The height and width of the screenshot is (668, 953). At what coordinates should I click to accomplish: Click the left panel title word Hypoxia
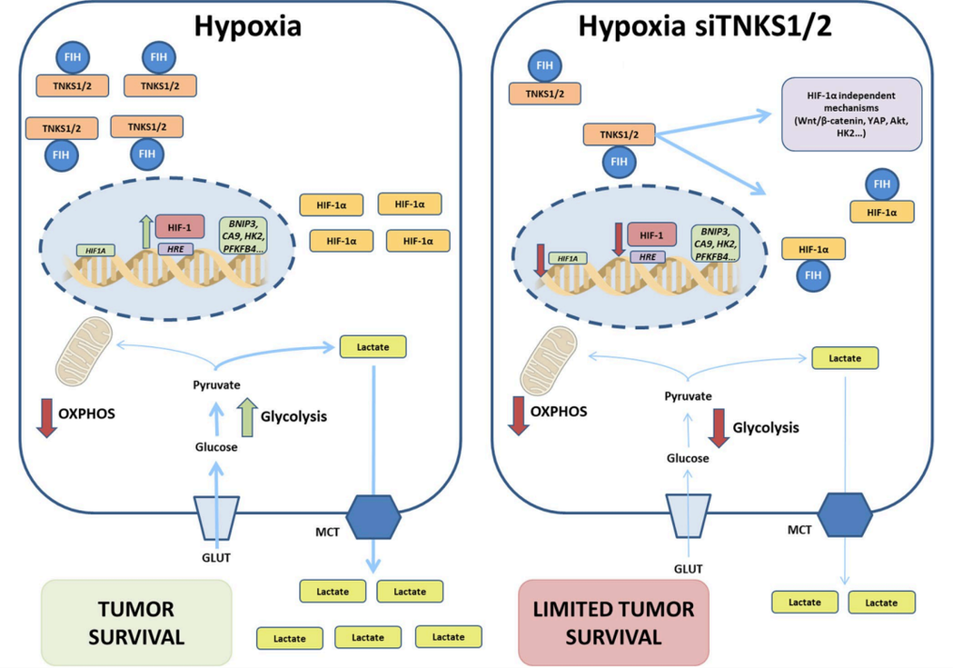(247, 25)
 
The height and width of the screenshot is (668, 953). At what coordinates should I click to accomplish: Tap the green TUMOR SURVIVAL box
(136, 621)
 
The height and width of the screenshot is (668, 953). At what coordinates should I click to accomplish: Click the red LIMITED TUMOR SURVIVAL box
(613, 621)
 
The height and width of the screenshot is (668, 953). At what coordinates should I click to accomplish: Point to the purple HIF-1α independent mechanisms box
(851, 114)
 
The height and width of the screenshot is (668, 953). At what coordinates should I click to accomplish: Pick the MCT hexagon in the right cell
(846, 514)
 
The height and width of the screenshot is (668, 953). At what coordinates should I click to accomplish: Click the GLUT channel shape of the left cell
(218, 518)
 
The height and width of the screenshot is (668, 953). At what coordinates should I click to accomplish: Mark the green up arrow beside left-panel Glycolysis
(247, 416)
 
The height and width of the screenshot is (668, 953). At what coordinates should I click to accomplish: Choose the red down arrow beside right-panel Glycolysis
(719, 428)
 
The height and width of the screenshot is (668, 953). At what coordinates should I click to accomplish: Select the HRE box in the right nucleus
(646, 257)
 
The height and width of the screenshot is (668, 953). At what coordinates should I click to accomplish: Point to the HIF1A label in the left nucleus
(96, 250)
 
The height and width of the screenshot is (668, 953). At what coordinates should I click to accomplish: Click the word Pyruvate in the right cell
(688, 396)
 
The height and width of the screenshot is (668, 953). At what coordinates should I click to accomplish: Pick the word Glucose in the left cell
(216, 447)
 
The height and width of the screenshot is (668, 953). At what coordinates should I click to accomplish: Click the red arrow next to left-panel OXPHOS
(44, 417)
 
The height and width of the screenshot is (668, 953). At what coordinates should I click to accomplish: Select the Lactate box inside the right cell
(844, 357)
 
